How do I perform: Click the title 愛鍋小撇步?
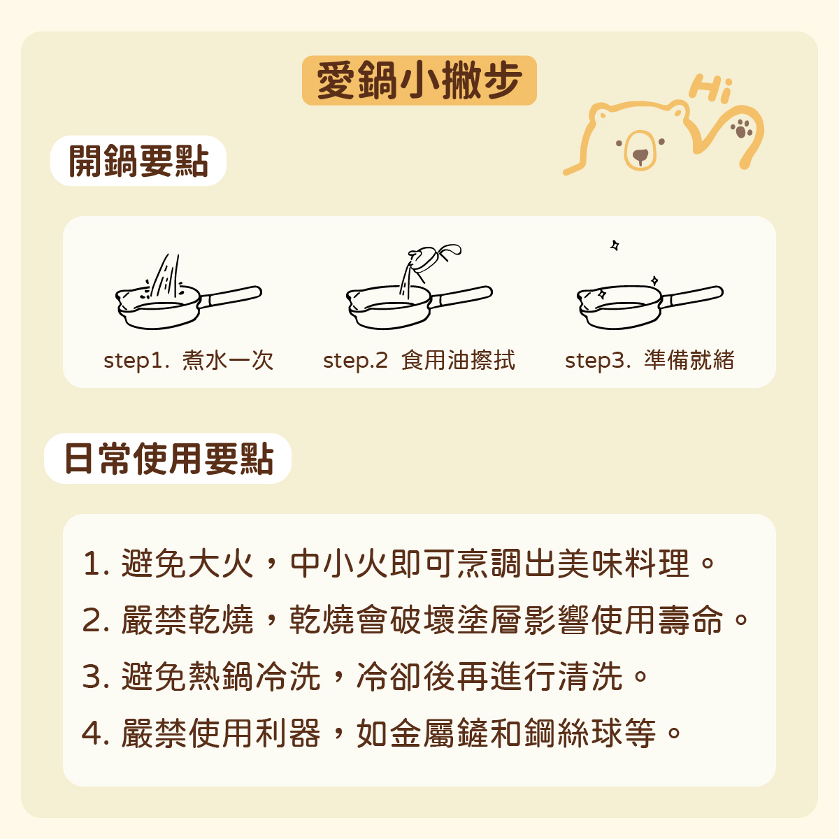click(419, 80)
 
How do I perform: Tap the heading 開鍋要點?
click(138, 161)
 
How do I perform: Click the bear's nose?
click(640, 155)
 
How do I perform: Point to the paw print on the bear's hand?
click(742, 128)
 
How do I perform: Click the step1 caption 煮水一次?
click(228, 360)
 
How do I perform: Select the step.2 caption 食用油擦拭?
click(458, 360)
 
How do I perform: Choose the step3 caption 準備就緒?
click(689, 360)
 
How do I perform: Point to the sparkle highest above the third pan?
click(615, 245)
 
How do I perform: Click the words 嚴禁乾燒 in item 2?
click(187, 620)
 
